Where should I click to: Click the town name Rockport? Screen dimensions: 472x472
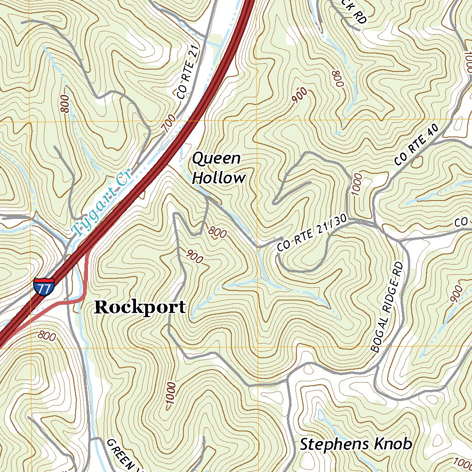140,307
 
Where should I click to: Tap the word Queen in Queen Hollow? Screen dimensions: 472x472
216,159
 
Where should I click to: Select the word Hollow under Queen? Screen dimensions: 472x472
218,178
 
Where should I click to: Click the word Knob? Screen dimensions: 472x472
392,444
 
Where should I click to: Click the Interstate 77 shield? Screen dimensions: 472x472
44,286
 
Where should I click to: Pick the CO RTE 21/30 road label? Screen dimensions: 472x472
312,234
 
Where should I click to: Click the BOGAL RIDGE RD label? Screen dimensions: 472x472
388,307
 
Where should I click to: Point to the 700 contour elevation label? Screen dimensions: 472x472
170,124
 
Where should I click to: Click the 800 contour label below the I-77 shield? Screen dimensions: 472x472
47,336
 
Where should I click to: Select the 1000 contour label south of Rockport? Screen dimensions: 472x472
170,395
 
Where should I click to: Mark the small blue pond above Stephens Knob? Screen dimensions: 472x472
321,415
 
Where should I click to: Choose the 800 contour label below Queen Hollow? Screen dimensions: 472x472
217,232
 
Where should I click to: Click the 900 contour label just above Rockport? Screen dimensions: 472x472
195,257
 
